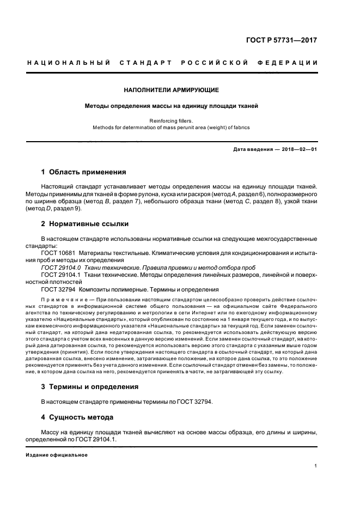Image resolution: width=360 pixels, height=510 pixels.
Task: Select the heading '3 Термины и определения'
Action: tap(90, 386)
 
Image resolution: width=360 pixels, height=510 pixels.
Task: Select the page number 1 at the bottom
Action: tap(316, 466)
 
